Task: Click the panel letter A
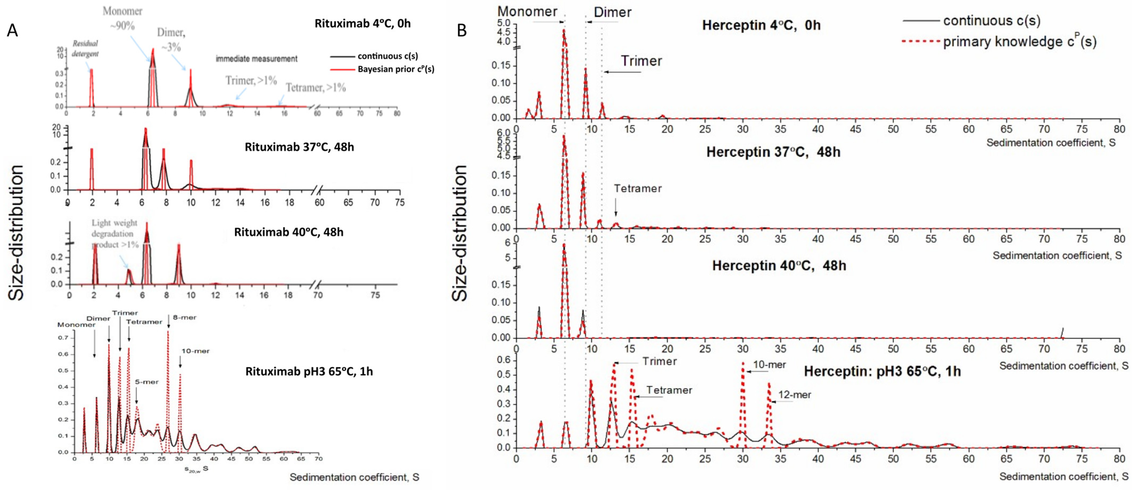(x=12, y=30)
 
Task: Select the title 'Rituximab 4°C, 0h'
(x=362, y=23)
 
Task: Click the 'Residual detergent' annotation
(x=85, y=48)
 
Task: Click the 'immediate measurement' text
(x=256, y=58)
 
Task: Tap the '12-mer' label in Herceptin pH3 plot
(x=795, y=394)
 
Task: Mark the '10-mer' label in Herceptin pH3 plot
(x=769, y=365)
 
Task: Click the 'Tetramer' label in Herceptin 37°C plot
(x=638, y=189)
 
